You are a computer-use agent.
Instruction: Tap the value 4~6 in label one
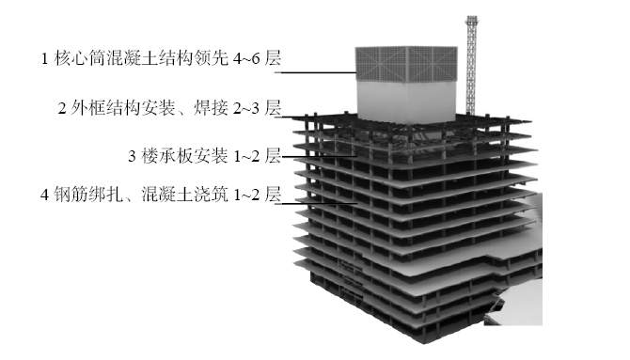pyautogui.click(x=244, y=59)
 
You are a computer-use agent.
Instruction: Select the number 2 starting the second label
pyautogui.click(x=62, y=107)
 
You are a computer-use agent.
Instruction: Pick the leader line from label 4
pyautogui.click(x=320, y=199)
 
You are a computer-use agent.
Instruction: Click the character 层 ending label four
pyautogui.click(x=273, y=197)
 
